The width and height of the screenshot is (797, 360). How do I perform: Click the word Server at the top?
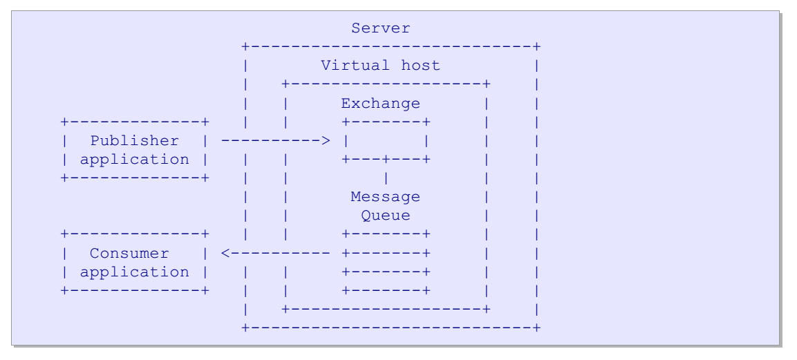tap(381, 28)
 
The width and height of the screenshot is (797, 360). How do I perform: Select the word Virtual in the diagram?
tap(355, 66)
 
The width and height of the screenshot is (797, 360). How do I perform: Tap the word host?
tap(420, 66)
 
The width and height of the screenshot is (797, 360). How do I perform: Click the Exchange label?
tap(381, 103)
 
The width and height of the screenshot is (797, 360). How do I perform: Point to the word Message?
tap(385, 196)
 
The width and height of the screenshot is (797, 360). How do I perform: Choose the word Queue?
tap(386, 216)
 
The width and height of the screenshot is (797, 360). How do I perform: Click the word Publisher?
tap(135, 141)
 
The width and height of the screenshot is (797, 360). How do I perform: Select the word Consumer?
tap(130, 253)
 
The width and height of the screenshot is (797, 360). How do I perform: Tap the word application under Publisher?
tap(135, 160)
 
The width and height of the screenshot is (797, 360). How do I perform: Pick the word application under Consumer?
tap(135, 272)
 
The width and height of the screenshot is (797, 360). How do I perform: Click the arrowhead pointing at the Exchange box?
tap(326, 141)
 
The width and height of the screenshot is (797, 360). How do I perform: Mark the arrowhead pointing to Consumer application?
tap(226, 253)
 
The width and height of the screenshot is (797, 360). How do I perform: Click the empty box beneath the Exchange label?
tap(386, 141)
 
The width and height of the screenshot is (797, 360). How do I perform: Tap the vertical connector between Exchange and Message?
tap(386, 178)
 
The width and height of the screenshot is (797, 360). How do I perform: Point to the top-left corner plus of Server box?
tap(245, 47)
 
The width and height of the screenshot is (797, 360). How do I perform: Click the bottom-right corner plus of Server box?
tap(537, 328)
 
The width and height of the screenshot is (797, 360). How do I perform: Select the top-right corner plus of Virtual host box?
tap(487, 84)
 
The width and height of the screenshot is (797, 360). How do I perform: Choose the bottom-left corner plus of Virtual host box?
tap(286, 309)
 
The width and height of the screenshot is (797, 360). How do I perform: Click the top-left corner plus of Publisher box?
tap(64, 122)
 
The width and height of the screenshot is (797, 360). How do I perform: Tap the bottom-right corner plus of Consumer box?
tap(205, 290)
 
